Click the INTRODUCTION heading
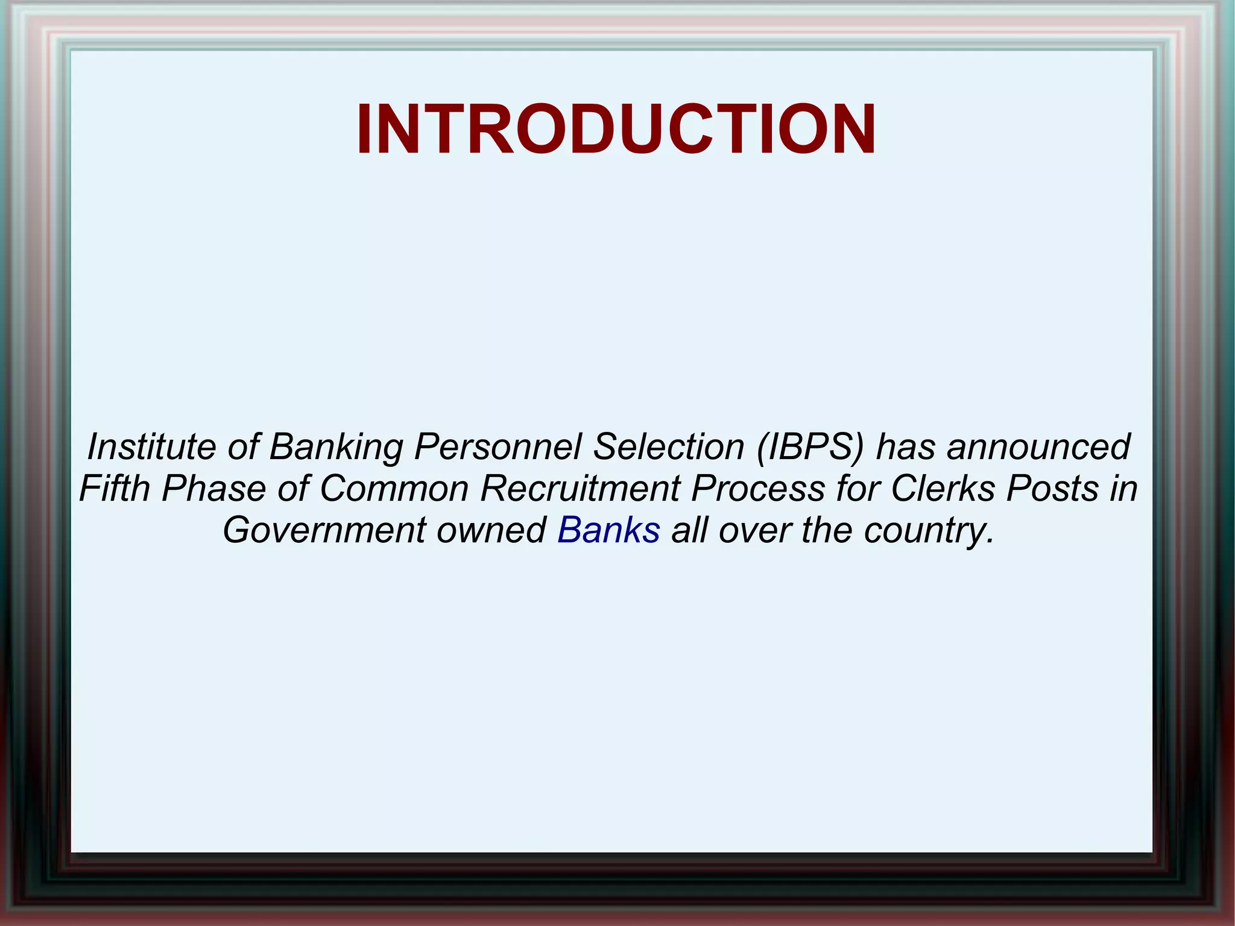tap(616, 130)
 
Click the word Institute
tap(151, 447)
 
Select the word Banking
tap(336, 447)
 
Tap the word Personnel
tap(497, 447)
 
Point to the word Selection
tap(668, 447)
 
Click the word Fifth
tap(115, 488)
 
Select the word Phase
tap(213, 488)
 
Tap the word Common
tap(394, 488)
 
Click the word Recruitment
tap(580, 488)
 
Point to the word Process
tap(757, 488)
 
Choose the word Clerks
tap(943, 488)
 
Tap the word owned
tap(491, 530)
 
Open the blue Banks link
tap(608, 530)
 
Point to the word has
tap(905, 447)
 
